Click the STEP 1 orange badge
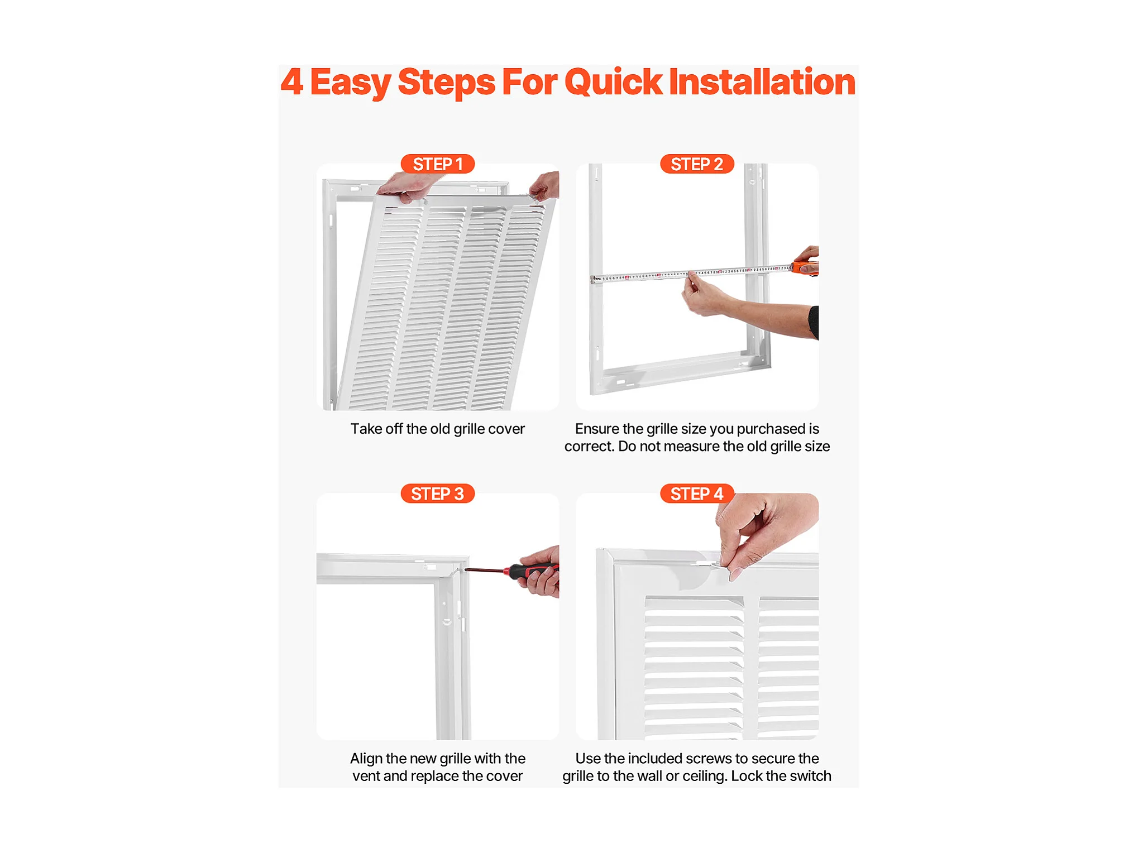[438, 164]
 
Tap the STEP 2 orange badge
[697, 164]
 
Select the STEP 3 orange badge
[438, 493]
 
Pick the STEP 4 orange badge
[697, 493]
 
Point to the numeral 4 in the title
[292, 82]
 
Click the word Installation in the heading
[762, 82]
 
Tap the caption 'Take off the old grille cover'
[438, 429]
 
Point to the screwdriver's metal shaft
[485, 569]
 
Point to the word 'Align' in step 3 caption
[366, 759]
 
